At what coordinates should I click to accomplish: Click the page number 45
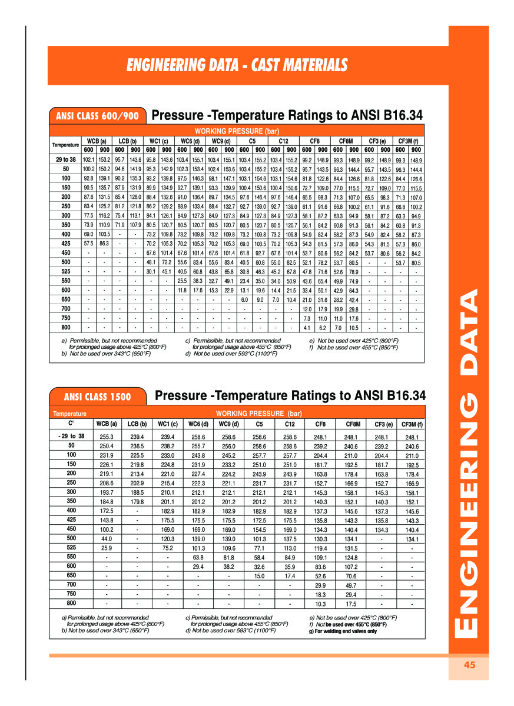[x=469, y=665]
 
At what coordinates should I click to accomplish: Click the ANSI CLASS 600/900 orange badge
[x=98, y=116]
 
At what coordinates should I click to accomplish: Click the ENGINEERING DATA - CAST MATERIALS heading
[x=237, y=65]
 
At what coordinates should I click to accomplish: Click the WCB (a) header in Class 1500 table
[x=107, y=424]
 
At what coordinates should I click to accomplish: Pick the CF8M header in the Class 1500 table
[x=352, y=424]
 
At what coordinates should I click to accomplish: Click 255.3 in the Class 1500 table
[x=107, y=437]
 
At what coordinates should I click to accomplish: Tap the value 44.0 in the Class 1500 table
[x=107, y=538]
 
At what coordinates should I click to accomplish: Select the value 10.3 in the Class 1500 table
[x=320, y=604]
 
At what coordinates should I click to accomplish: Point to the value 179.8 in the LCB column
[x=137, y=502]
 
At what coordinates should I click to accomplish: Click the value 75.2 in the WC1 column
[x=168, y=547]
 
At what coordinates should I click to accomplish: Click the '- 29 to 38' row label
[x=71, y=437]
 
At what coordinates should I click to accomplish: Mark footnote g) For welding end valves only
[x=343, y=631]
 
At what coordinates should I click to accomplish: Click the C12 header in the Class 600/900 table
[x=283, y=141]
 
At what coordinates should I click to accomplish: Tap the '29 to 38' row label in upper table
[x=66, y=159]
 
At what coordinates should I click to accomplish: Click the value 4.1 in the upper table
[x=307, y=327]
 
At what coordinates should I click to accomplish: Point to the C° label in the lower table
[x=71, y=423]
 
